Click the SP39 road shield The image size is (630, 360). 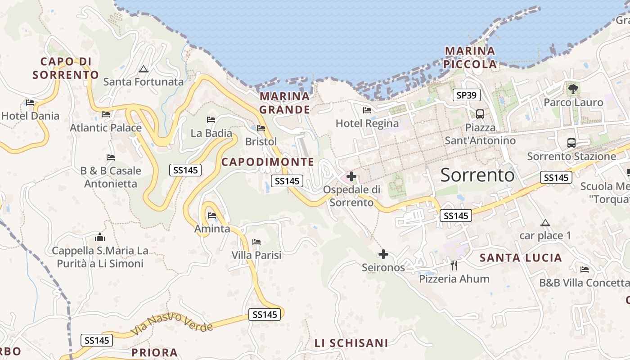pyautogui.click(x=466, y=95)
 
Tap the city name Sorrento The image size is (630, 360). pyautogui.click(x=477, y=175)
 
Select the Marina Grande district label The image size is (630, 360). pyautogui.click(x=285, y=103)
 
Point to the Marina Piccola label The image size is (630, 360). pyautogui.click(x=470, y=58)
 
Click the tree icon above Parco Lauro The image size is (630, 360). pyautogui.click(x=573, y=89)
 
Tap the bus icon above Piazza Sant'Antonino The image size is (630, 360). pyautogui.click(x=480, y=114)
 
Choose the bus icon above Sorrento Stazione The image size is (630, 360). pyautogui.click(x=571, y=143)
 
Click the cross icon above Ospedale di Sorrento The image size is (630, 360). pyautogui.click(x=351, y=176)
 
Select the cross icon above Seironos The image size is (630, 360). pyautogui.click(x=383, y=255)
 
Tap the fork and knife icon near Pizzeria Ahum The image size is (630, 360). pyautogui.click(x=454, y=265)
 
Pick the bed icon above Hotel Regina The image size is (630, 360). pyautogui.click(x=367, y=110)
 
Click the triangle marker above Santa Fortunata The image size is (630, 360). pyautogui.click(x=143, y=69)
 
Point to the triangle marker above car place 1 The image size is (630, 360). pyautogui.click(x=545, y=223)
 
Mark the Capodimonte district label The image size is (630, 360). pyautogui.click(x=268, y=162)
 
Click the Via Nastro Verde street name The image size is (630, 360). pyautogui.click(x=172, y=323)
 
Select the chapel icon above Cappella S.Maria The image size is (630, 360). pyautogui.click(x=100, y=237)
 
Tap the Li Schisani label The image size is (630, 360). pyautogui.click(x=351, y=343)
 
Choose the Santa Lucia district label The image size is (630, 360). pyautogui.click(x=521, y=258)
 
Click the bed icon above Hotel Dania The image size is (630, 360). pyautogui.click(x=30, y=103)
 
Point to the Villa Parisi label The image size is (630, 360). pyautogui.click(x=256, y=255)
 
